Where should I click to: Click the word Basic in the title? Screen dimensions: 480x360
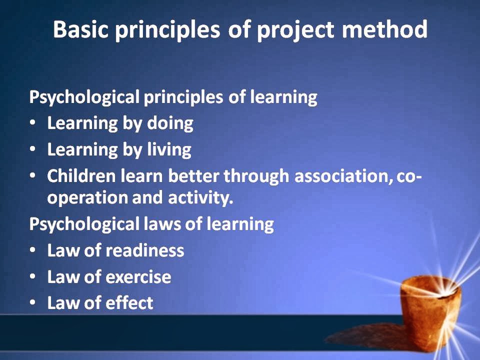[81, 29]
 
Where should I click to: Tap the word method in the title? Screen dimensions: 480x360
[384, 29]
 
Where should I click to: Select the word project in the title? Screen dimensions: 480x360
[295, 31]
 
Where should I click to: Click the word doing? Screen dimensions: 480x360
[170, 123]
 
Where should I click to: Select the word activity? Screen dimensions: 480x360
[200, 198]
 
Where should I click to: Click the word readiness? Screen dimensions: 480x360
[145, 250]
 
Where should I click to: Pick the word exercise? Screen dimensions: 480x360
[138, 277]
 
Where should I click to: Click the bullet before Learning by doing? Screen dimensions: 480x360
[33, 123]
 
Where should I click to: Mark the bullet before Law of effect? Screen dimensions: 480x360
[33, 302]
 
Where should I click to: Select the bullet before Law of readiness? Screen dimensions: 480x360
[33, 250]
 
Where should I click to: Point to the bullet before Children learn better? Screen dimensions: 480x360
[33, 175]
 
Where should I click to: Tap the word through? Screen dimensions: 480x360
[256, 177]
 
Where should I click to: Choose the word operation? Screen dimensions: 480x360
[87, 198]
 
